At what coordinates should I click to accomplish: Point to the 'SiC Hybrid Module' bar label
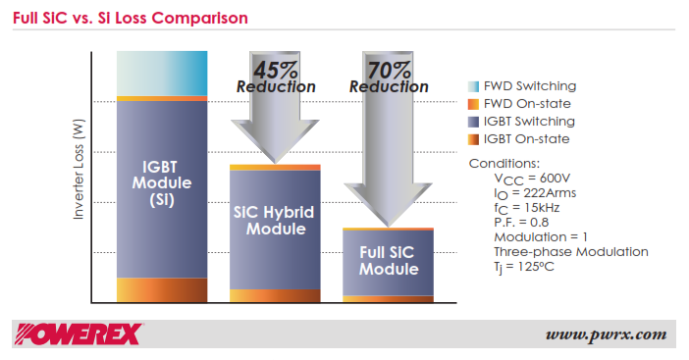point(276,221)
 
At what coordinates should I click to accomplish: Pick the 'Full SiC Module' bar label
point(388,260)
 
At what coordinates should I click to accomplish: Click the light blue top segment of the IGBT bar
point(162,73)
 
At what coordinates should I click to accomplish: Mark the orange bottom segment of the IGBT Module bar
point(162,290)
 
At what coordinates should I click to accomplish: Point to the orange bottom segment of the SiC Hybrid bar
point(276,296)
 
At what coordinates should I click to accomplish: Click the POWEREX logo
point(79,334)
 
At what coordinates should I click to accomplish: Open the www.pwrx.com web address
point(606,334)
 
